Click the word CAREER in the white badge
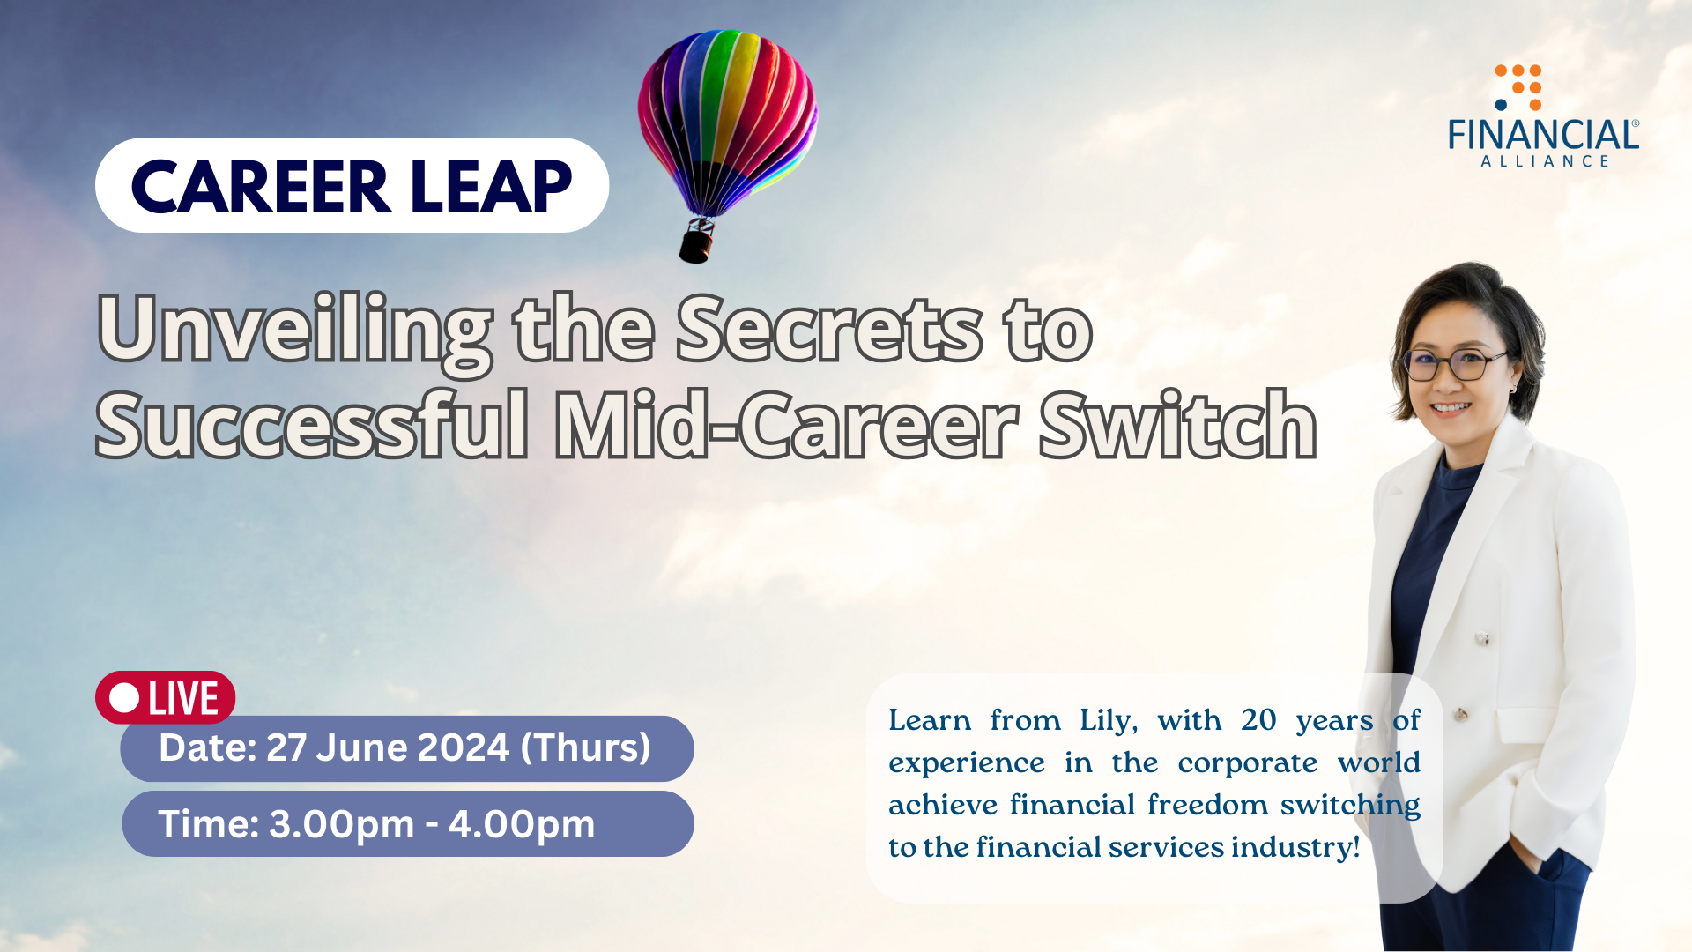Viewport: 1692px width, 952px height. point(260,187)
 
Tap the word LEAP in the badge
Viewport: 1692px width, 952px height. point(491,187)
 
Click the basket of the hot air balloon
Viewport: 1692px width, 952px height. point(696,242)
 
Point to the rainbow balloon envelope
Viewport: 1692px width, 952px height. point(727,115)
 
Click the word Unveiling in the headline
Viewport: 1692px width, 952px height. point(295,330)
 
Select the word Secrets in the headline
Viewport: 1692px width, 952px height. point(828,330)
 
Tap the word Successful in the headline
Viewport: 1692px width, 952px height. point(313,427)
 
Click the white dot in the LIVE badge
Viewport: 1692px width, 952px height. point(125,698)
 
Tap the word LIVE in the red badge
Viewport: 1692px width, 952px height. point(183,698)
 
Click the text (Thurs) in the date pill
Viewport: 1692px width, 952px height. point(585,747)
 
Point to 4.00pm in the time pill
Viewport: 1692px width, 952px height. point(522,824)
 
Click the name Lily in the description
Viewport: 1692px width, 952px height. point(1108,720)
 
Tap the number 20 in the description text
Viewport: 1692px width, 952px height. point(1258,720)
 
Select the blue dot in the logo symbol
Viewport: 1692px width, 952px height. point(1501,105)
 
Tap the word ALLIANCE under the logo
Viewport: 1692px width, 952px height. point(1545,161)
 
